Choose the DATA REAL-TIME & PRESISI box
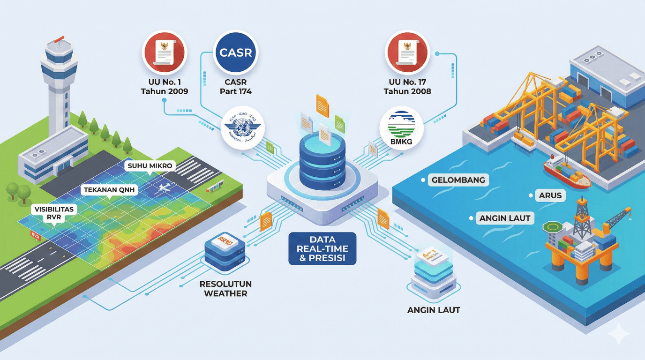(322, 248)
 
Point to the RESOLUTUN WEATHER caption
(225, 288)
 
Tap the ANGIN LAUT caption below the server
(434, 310)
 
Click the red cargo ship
(566, 174)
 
